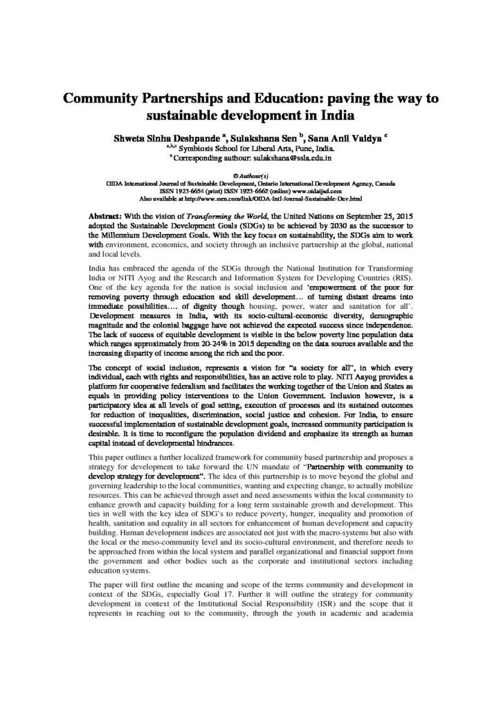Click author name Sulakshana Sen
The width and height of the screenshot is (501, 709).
pyautogui.click(x=280, y=137)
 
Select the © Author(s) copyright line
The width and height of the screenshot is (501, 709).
pyautogui.click(x=250, y=176)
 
